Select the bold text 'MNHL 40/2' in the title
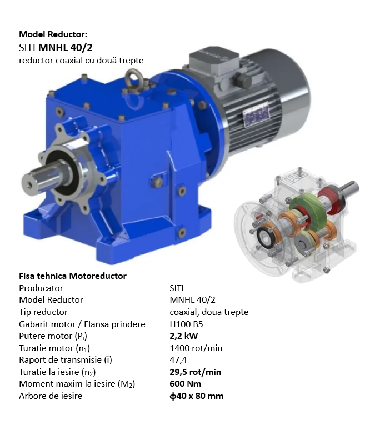[61, 47]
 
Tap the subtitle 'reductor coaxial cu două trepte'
[81, 60]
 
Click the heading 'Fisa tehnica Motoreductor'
[72, 276]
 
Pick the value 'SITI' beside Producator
[177, 288]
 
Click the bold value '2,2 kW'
[184, 336]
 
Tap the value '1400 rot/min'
[196, 348]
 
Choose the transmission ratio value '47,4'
[178, 359]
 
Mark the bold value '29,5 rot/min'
[195, 372]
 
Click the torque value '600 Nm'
[185, 384]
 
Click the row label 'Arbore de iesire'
[51, 396]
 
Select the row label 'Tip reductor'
[43, 312]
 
